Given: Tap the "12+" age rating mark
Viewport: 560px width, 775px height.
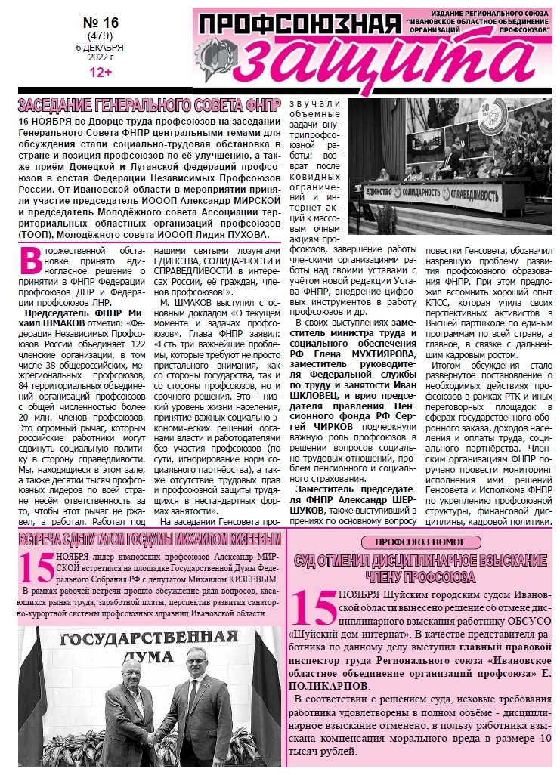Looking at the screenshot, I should coord(101,73).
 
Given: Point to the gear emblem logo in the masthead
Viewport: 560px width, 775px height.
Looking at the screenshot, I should coord(213,57).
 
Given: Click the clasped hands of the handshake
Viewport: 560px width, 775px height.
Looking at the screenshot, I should coord(155,736).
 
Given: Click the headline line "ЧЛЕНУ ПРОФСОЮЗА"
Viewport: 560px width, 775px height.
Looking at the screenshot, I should coord(420,577).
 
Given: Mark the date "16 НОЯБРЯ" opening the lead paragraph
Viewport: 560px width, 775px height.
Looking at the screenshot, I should coord(44,121).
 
